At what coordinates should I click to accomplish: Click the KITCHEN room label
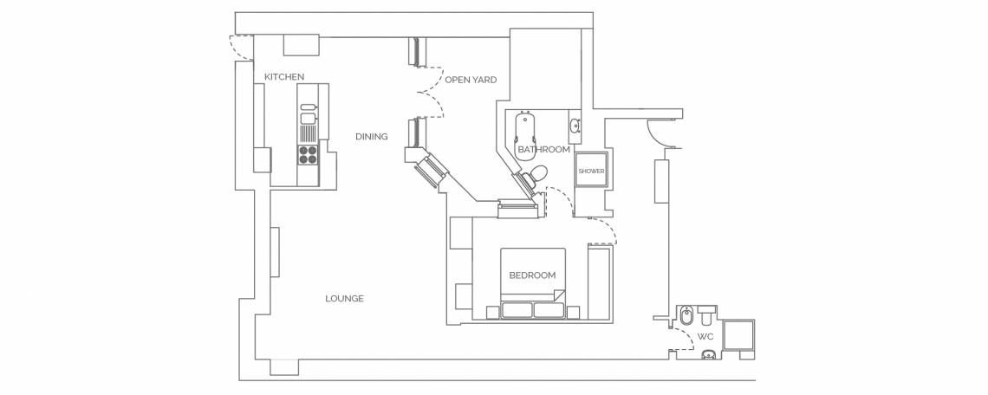pyautogui.click(x=284, y=77)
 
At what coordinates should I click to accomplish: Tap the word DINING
pyautogui.click(x=371, y=136)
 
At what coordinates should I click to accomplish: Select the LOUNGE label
pyautogui.click(x=345, y=299)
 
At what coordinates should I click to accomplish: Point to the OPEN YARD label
pyautogui.click(x=471, y=80)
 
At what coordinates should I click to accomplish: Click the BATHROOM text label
pyautogui.click(x=543, y=149)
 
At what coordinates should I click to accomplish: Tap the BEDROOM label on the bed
pyautogui.click(x=532, y=275)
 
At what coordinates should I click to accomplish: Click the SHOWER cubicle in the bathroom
pyautogui.click(x=592, y=170)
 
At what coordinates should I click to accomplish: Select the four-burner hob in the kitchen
pyautogui.click(x=308, y=155)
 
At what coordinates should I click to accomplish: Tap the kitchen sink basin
pyautogui.click(x=308, y=118)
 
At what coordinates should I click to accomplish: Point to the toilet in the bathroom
pyautogui.click(x=536, y=175)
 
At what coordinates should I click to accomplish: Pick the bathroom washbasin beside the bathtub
pyautogui.click(x=575, y=126)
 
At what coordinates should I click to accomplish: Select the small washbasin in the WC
pyautogui.click(x=708, y=355)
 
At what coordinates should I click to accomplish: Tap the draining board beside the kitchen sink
pyautogui.click(x=308, y=134)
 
